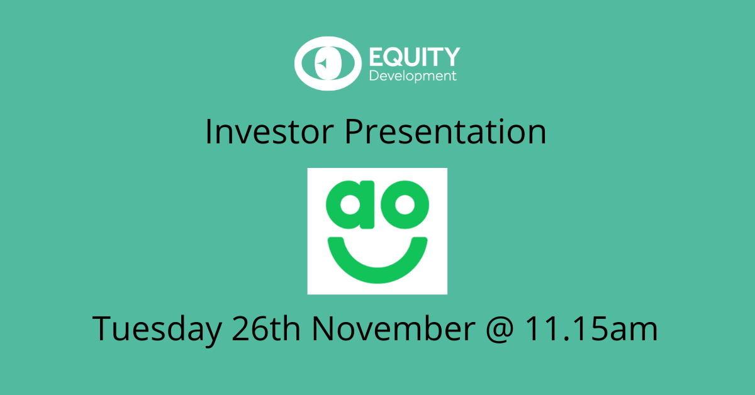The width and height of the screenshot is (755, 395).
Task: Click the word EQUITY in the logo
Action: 415,57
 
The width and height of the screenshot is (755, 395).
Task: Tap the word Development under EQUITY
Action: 413,76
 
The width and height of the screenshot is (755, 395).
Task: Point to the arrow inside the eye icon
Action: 323,63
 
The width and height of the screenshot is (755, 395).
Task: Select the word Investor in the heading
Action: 269,132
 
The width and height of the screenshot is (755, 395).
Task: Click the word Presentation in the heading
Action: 445,132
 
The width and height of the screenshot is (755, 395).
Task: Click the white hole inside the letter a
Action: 350,205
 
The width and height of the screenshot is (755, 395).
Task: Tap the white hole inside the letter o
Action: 405,205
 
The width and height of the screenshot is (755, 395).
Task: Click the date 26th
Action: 266,328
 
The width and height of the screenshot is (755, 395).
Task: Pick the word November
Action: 394,328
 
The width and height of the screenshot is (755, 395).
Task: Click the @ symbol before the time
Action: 500,330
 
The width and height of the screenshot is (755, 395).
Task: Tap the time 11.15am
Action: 591,328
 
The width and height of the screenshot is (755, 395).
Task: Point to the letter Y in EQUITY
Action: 452,57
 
